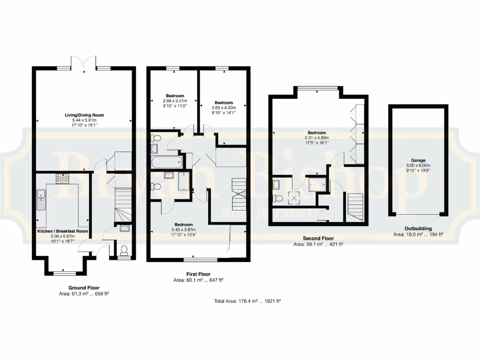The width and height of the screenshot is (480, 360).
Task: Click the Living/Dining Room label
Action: coord(84,115)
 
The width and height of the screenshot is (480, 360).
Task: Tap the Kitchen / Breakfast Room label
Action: coord(63,231)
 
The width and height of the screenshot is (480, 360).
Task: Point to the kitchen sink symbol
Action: coord(41,199)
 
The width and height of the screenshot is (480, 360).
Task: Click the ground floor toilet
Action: coord(124,249)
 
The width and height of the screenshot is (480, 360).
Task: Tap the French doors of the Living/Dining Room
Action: coord(83,63)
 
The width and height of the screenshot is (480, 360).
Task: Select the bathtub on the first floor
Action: coord(166,163)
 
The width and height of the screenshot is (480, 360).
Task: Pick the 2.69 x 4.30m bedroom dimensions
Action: coord(224,108)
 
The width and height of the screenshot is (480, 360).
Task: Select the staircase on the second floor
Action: coord(355,205)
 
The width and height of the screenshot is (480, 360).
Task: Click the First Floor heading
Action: coord(198,274)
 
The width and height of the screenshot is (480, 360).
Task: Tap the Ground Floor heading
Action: coord(84,288)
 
